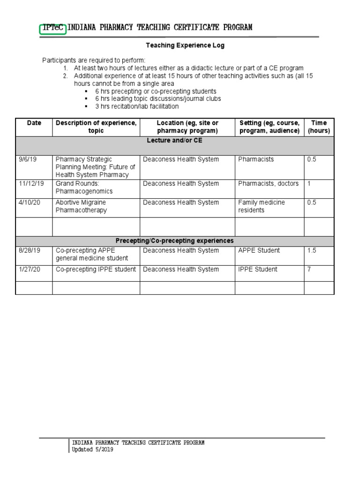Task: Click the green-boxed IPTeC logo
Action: pos(53,28)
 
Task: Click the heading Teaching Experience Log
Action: pos(185,45)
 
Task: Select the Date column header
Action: pos(34,123)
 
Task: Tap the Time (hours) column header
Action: pos(319,127)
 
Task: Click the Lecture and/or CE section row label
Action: pos(175,141)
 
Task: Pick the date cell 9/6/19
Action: pos(28,159)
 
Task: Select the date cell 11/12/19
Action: pos(31,184)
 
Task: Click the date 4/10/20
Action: pos(30,202)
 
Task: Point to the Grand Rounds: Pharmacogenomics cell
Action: pos(84,187)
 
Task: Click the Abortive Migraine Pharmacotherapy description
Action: pos(81,206)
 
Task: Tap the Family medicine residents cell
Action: pos(262,206)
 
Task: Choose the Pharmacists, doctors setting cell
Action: pos(268,184)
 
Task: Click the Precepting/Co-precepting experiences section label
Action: pos(175,241)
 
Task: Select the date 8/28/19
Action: pos(30,251)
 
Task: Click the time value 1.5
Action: pos(312,251)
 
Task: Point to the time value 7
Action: pos(309,270)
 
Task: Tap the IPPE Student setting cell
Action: pos(258,270)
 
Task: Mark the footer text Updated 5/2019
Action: pos(92,450)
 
